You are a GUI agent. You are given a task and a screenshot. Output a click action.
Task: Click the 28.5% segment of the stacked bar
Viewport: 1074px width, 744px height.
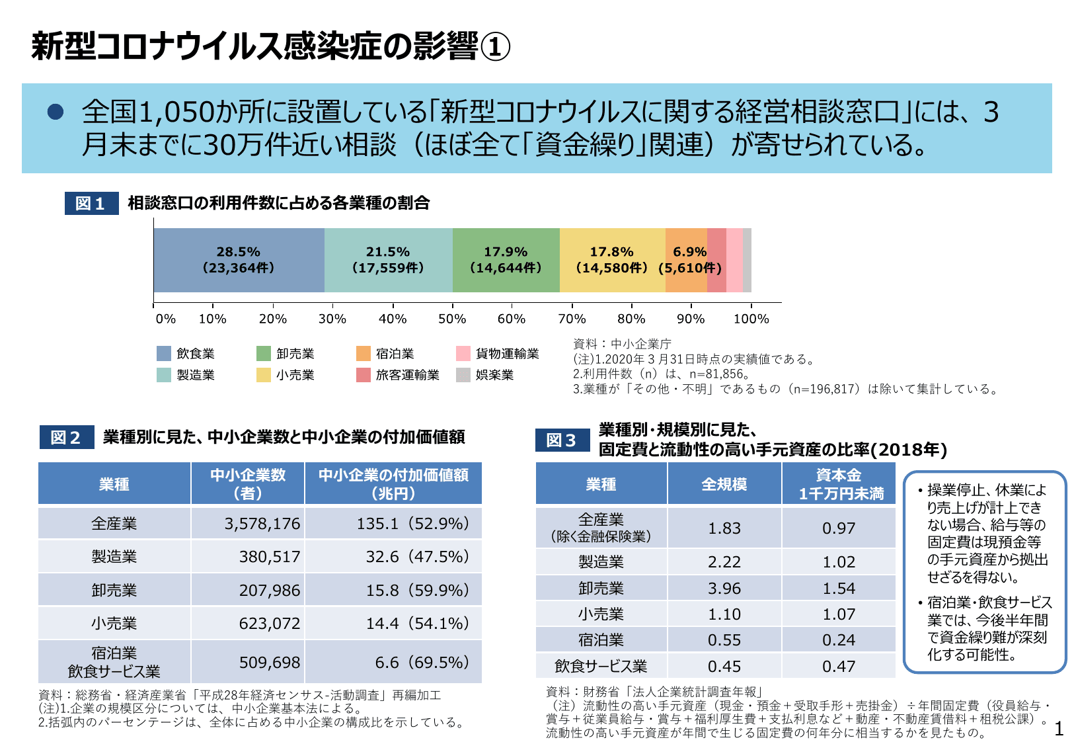[239, 260]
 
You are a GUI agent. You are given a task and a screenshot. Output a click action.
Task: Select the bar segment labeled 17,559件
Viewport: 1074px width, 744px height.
[388, 260]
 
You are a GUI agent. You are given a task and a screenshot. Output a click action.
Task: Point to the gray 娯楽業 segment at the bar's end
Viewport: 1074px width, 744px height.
[747, 260]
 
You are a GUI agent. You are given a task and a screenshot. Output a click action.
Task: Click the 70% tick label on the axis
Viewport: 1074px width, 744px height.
[572, 319]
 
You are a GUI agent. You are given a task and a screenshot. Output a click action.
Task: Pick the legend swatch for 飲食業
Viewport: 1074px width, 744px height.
[164, 354]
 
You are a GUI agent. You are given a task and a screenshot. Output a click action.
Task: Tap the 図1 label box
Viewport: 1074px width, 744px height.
[91, 203]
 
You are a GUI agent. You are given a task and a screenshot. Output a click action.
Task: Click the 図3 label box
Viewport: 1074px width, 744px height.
[562, 440]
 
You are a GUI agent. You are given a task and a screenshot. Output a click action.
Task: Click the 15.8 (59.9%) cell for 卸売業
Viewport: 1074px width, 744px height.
[393, 590]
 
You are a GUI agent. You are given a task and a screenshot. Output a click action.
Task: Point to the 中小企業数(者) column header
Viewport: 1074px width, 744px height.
[248, 483]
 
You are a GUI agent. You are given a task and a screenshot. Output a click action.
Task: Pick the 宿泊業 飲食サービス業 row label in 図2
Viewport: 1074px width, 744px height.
[114, 662]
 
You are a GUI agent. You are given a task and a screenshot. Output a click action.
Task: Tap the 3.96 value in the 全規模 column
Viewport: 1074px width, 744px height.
[724, 588]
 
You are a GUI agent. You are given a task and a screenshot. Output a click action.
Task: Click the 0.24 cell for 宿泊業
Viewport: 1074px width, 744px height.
[838, 640]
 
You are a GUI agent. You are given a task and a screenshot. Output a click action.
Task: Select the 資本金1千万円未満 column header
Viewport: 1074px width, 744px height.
[838, 483]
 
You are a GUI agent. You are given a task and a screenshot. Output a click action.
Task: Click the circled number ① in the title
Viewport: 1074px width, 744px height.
[494, 48]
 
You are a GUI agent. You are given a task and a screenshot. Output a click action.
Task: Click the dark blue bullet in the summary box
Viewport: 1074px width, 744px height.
[56, 112]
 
